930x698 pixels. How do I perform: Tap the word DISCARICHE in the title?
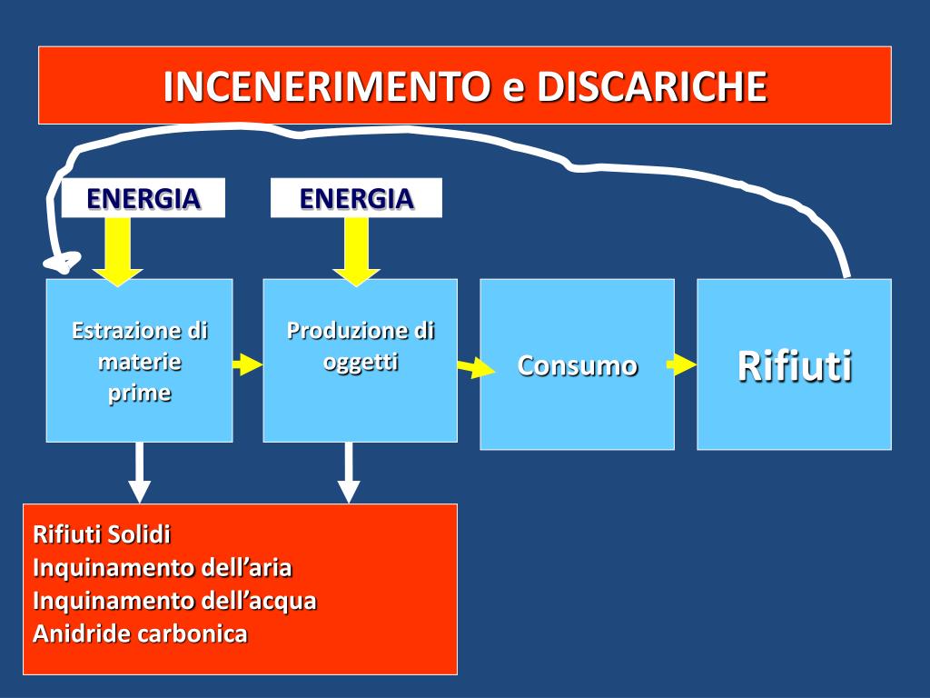click(x=652, y=87)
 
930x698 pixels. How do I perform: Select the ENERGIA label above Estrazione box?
click(x=143, y=198)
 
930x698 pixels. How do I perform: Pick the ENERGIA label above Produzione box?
click(x=356, y=198)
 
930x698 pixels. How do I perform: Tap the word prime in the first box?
click(x=139, y=394)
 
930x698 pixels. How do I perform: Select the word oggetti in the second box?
click(x=361, y=362)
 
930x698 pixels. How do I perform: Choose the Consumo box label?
click(x=578, y=365)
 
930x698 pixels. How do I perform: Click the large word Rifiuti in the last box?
click(x=795, y=365)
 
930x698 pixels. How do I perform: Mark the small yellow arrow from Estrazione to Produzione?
click(x=247, y=365)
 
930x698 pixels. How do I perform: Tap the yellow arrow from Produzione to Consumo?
click(x=476, y=368)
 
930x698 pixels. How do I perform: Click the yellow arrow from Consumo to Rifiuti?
click(x=681, y=365)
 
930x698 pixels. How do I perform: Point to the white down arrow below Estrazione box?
click(x=139, y=473)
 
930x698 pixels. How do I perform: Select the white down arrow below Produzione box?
click(x=349, y=473)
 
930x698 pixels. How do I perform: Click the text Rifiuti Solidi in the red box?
click(x=102, y=533)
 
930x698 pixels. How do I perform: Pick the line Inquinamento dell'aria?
click(x=162, y=568)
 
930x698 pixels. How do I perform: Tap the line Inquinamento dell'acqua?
click(x=174, y=601)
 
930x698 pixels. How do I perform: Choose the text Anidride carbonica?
click(x=140, y=633)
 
